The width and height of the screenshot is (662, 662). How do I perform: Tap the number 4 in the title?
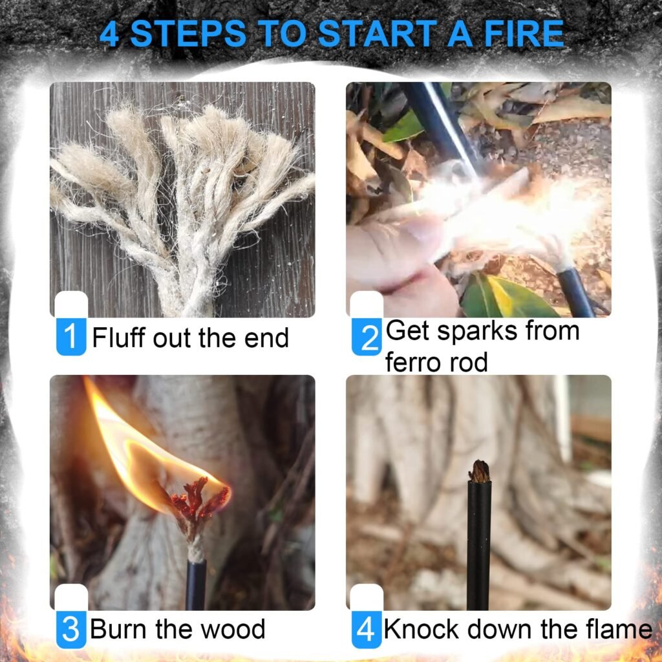pyautogui.click(x=110, y=34)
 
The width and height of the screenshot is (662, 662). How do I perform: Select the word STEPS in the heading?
pyautogui.click(x=188, y=34)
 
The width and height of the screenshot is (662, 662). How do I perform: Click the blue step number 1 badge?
pyautogui.click(x=71, y=337)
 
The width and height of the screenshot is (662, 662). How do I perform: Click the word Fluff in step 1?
pyautogui.click(x=118, y=337)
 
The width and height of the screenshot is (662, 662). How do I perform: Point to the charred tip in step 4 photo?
pyautogui.click(x=479, y=471)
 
